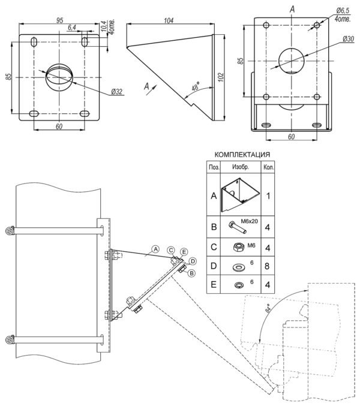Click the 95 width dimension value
point(60,20)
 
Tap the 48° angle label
point(194,87)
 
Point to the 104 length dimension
point(169,20)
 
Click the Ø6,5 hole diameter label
point(343,11)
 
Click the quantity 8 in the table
point(268,266)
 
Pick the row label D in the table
point(214,266)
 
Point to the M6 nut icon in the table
point(238,245)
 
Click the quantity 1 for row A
point(268,196)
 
